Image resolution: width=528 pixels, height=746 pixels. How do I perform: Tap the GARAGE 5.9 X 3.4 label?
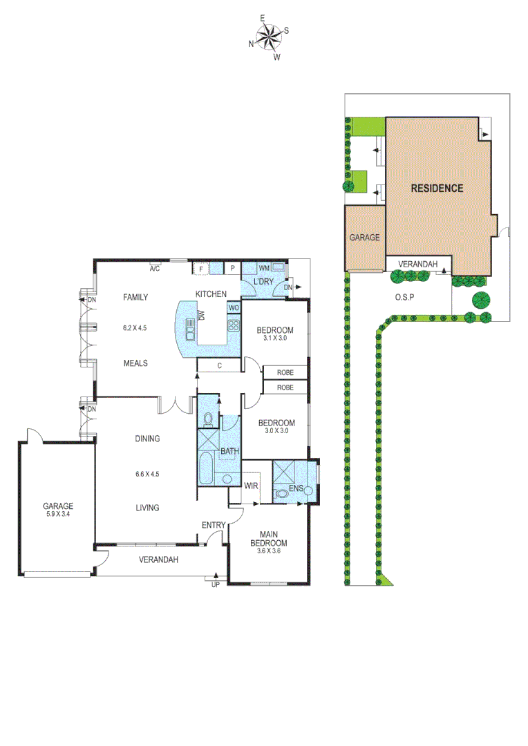click(57, 510)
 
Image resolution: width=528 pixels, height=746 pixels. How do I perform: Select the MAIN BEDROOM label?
click(269, 538)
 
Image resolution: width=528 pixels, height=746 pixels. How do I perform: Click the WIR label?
click(252, 486)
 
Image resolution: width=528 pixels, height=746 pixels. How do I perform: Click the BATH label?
click(229, 452)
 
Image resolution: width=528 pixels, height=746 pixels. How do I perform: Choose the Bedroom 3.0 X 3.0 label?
click(276, 426)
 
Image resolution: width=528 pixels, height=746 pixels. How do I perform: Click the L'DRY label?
click(263, 283)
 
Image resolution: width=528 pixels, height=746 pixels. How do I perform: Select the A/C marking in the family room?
click(155, 269)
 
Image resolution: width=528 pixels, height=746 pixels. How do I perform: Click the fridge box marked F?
click(200, 269)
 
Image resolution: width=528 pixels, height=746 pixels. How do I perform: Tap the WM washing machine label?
click(263, 268)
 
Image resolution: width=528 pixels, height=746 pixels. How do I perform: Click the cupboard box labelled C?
click(218, 366)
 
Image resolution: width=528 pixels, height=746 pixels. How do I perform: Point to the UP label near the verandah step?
click(216, 584)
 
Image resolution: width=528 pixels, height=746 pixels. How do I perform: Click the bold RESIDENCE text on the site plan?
click(437, 188)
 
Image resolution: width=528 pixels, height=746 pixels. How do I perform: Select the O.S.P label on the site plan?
click(404, 298)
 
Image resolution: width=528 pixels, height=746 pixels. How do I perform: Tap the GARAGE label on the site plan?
click(364, 237)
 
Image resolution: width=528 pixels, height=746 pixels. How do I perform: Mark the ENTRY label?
click(213, 526)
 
